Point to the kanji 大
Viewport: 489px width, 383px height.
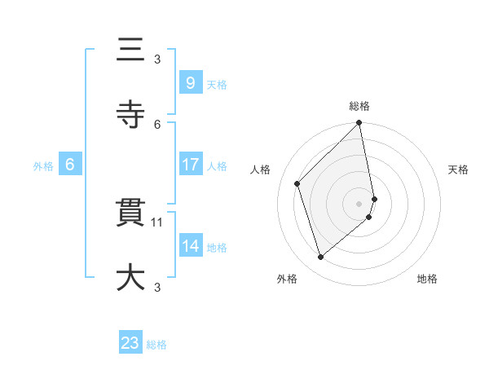pos(130,277)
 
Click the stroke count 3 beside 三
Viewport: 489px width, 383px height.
pos(157,59)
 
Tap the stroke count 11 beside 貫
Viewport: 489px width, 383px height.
pos(157,222)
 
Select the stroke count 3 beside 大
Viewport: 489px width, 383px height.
pos(157,286)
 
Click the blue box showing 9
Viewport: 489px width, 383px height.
pos(190,82)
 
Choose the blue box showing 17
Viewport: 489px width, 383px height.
pos(190,165)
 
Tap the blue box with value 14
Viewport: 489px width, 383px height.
pos(190,245)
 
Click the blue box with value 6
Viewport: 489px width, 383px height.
pos(69,165)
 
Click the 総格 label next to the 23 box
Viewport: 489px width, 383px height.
pos(156,345)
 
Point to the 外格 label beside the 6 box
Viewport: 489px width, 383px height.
pos(43,166)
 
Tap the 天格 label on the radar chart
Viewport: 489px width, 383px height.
pos(458,169)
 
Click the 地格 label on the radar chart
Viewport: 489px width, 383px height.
pos(427,279)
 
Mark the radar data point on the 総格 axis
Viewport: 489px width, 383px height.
pos(359,124)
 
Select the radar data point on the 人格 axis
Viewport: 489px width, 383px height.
pos(297,183)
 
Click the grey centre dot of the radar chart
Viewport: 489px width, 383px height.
pos(359,203)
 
